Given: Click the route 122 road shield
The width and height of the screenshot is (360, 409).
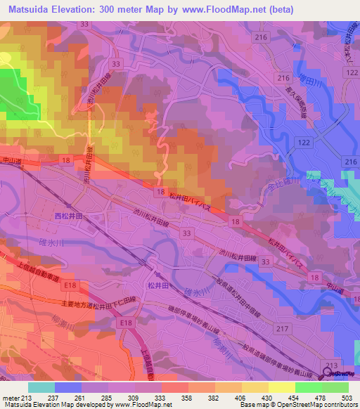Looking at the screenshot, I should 303,143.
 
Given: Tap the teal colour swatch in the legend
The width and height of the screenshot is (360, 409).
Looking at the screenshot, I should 41,387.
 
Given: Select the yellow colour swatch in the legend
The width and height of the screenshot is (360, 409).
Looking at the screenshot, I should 281,387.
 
